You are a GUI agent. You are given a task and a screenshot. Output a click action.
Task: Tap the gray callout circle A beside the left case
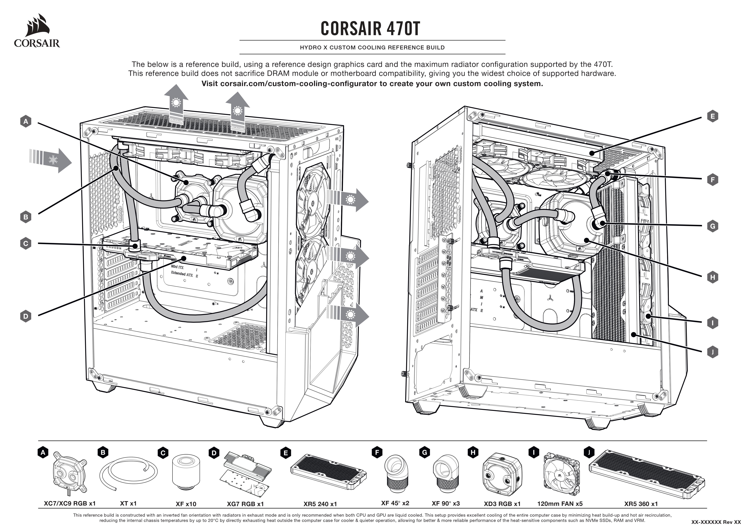tap(26, 122)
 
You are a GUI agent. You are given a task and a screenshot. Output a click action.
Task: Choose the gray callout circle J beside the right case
tap(713, 352)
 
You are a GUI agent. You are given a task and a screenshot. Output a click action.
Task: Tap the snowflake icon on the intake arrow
tap(53, 160)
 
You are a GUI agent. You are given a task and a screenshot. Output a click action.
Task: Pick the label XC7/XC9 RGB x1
tap(70, 503)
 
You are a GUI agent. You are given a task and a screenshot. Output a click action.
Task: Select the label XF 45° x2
tap(395, 503)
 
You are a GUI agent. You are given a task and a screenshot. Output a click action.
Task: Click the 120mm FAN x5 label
tap(560, 504)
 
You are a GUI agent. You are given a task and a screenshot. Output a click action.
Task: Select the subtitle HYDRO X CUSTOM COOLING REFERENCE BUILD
tap(372, 47)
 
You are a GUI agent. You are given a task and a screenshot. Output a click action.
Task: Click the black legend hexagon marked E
tap(285, 453)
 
